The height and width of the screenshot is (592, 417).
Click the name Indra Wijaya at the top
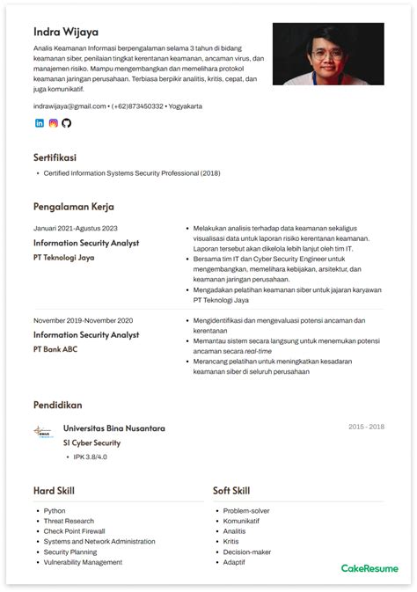click(66, 31)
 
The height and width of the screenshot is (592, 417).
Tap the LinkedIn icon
click(39, 123)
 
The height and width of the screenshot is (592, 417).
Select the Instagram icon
click(53, 123)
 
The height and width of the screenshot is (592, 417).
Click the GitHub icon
click(66, 123)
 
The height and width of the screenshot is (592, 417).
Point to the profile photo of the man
click(327, 54)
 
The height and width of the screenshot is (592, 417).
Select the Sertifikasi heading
click(55, 157)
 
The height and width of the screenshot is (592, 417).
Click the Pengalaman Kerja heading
click(74, 208)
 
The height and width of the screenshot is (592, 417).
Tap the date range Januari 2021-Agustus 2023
click(75, 228)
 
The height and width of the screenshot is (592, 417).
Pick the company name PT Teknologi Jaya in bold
click(63, 258)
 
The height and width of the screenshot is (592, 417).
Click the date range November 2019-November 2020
click(83, 320)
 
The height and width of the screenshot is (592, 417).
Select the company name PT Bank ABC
click(55, 349)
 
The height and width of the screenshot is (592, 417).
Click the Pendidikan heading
click(57, 406)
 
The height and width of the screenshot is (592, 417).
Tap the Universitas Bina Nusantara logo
click(42, 432)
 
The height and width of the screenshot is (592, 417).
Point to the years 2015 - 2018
click(366, 427)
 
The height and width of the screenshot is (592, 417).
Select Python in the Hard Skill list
click(55, 511)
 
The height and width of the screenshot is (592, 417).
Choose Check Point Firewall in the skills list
click(74, 531)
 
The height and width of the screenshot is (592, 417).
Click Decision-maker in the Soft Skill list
click(247, 552)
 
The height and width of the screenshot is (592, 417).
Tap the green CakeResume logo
click(363, 568)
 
